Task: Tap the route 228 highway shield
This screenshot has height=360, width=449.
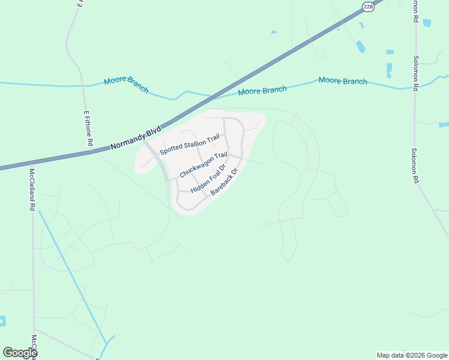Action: click(367, 6)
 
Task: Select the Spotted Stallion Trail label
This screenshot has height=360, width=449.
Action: click(190, 145)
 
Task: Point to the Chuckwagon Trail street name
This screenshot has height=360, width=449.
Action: click(203, 164)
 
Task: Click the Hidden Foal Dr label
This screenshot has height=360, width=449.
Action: click(208, 179)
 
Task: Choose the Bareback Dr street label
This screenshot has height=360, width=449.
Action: click(224, 182)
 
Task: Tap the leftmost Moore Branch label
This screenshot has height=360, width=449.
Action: click(126, 84)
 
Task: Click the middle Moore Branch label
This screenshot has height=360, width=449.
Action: click(262, 91)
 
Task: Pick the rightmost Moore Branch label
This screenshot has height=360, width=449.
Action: click(343, 80)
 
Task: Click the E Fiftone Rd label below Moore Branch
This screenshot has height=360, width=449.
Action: click(88, 128)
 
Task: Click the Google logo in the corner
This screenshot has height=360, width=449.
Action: click(20, 353)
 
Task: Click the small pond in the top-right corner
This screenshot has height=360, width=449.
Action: click(427, 23)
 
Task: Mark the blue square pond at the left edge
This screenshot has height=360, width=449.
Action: click(2, 321)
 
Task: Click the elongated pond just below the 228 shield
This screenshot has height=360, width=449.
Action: click(360, 46)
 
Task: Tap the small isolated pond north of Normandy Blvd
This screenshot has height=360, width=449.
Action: click(274, 32)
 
